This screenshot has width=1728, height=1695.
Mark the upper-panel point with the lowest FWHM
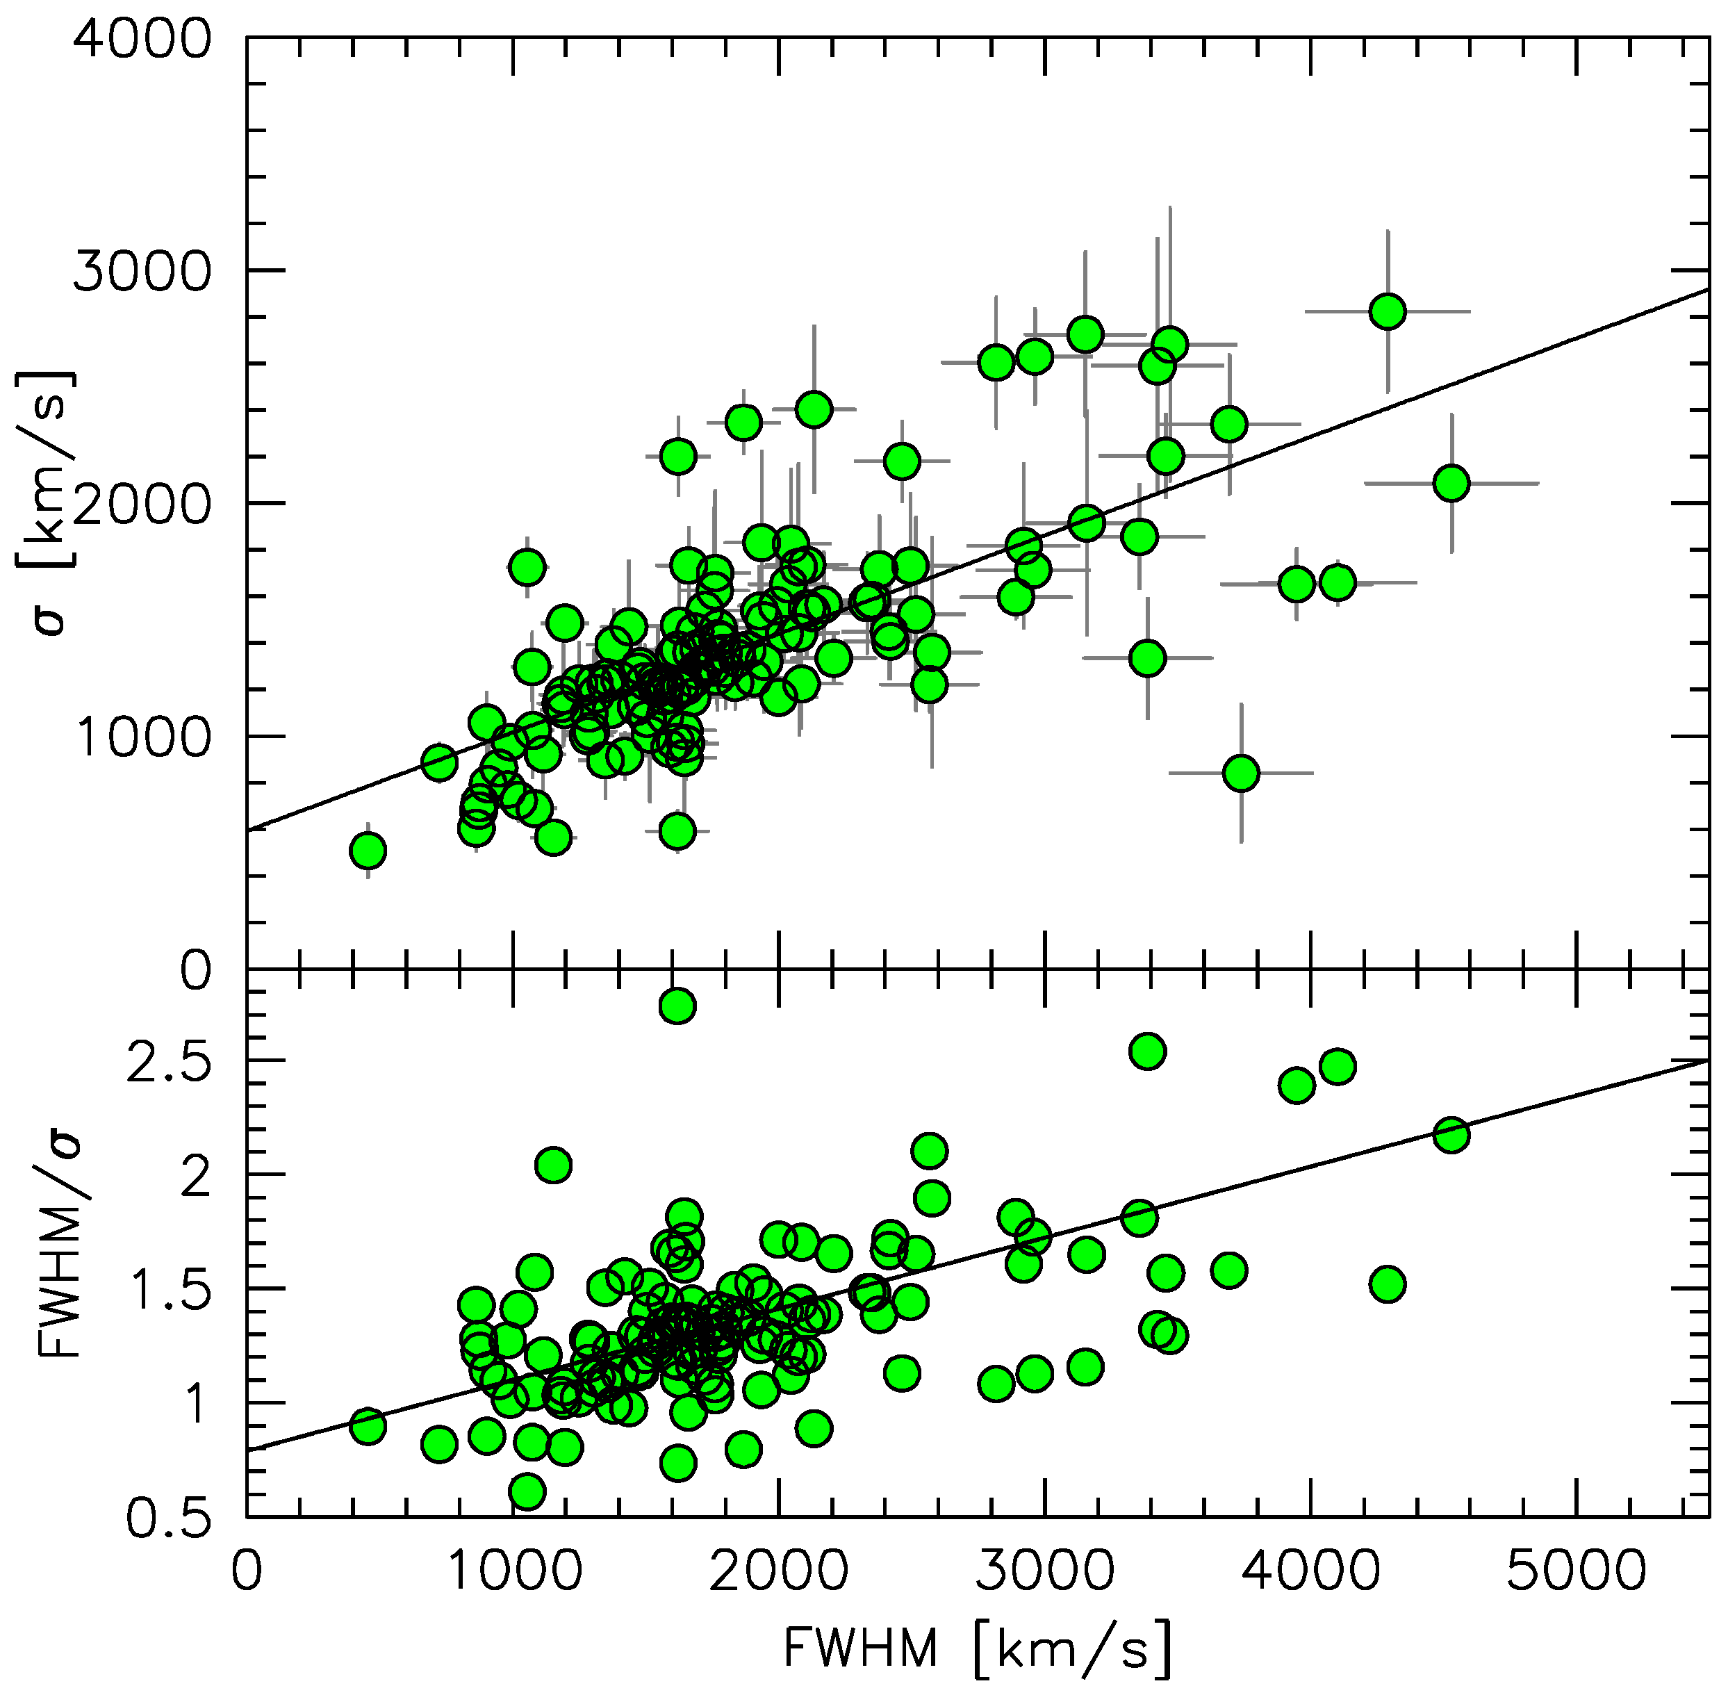coord(368,851)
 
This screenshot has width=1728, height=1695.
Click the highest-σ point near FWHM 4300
coord(1387,311)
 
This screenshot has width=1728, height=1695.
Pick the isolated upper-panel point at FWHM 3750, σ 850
coord(1241,773)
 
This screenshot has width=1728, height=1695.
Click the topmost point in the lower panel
coord(677,1006)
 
